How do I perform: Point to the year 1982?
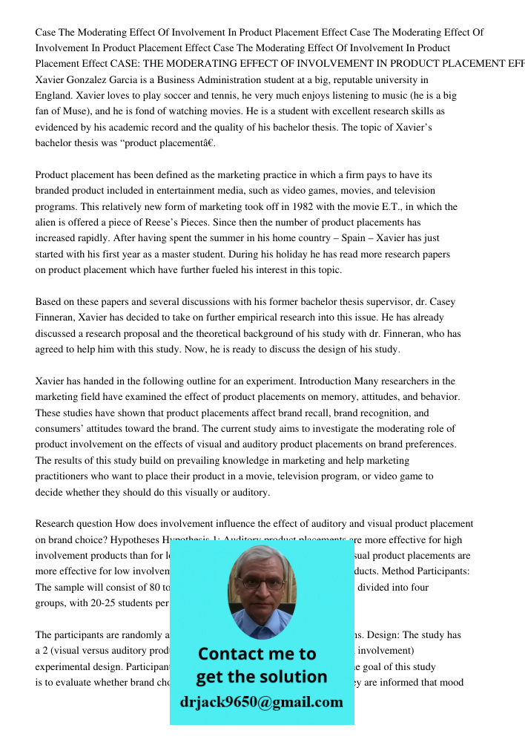point(305,207)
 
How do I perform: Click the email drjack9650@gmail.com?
point(262,702)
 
